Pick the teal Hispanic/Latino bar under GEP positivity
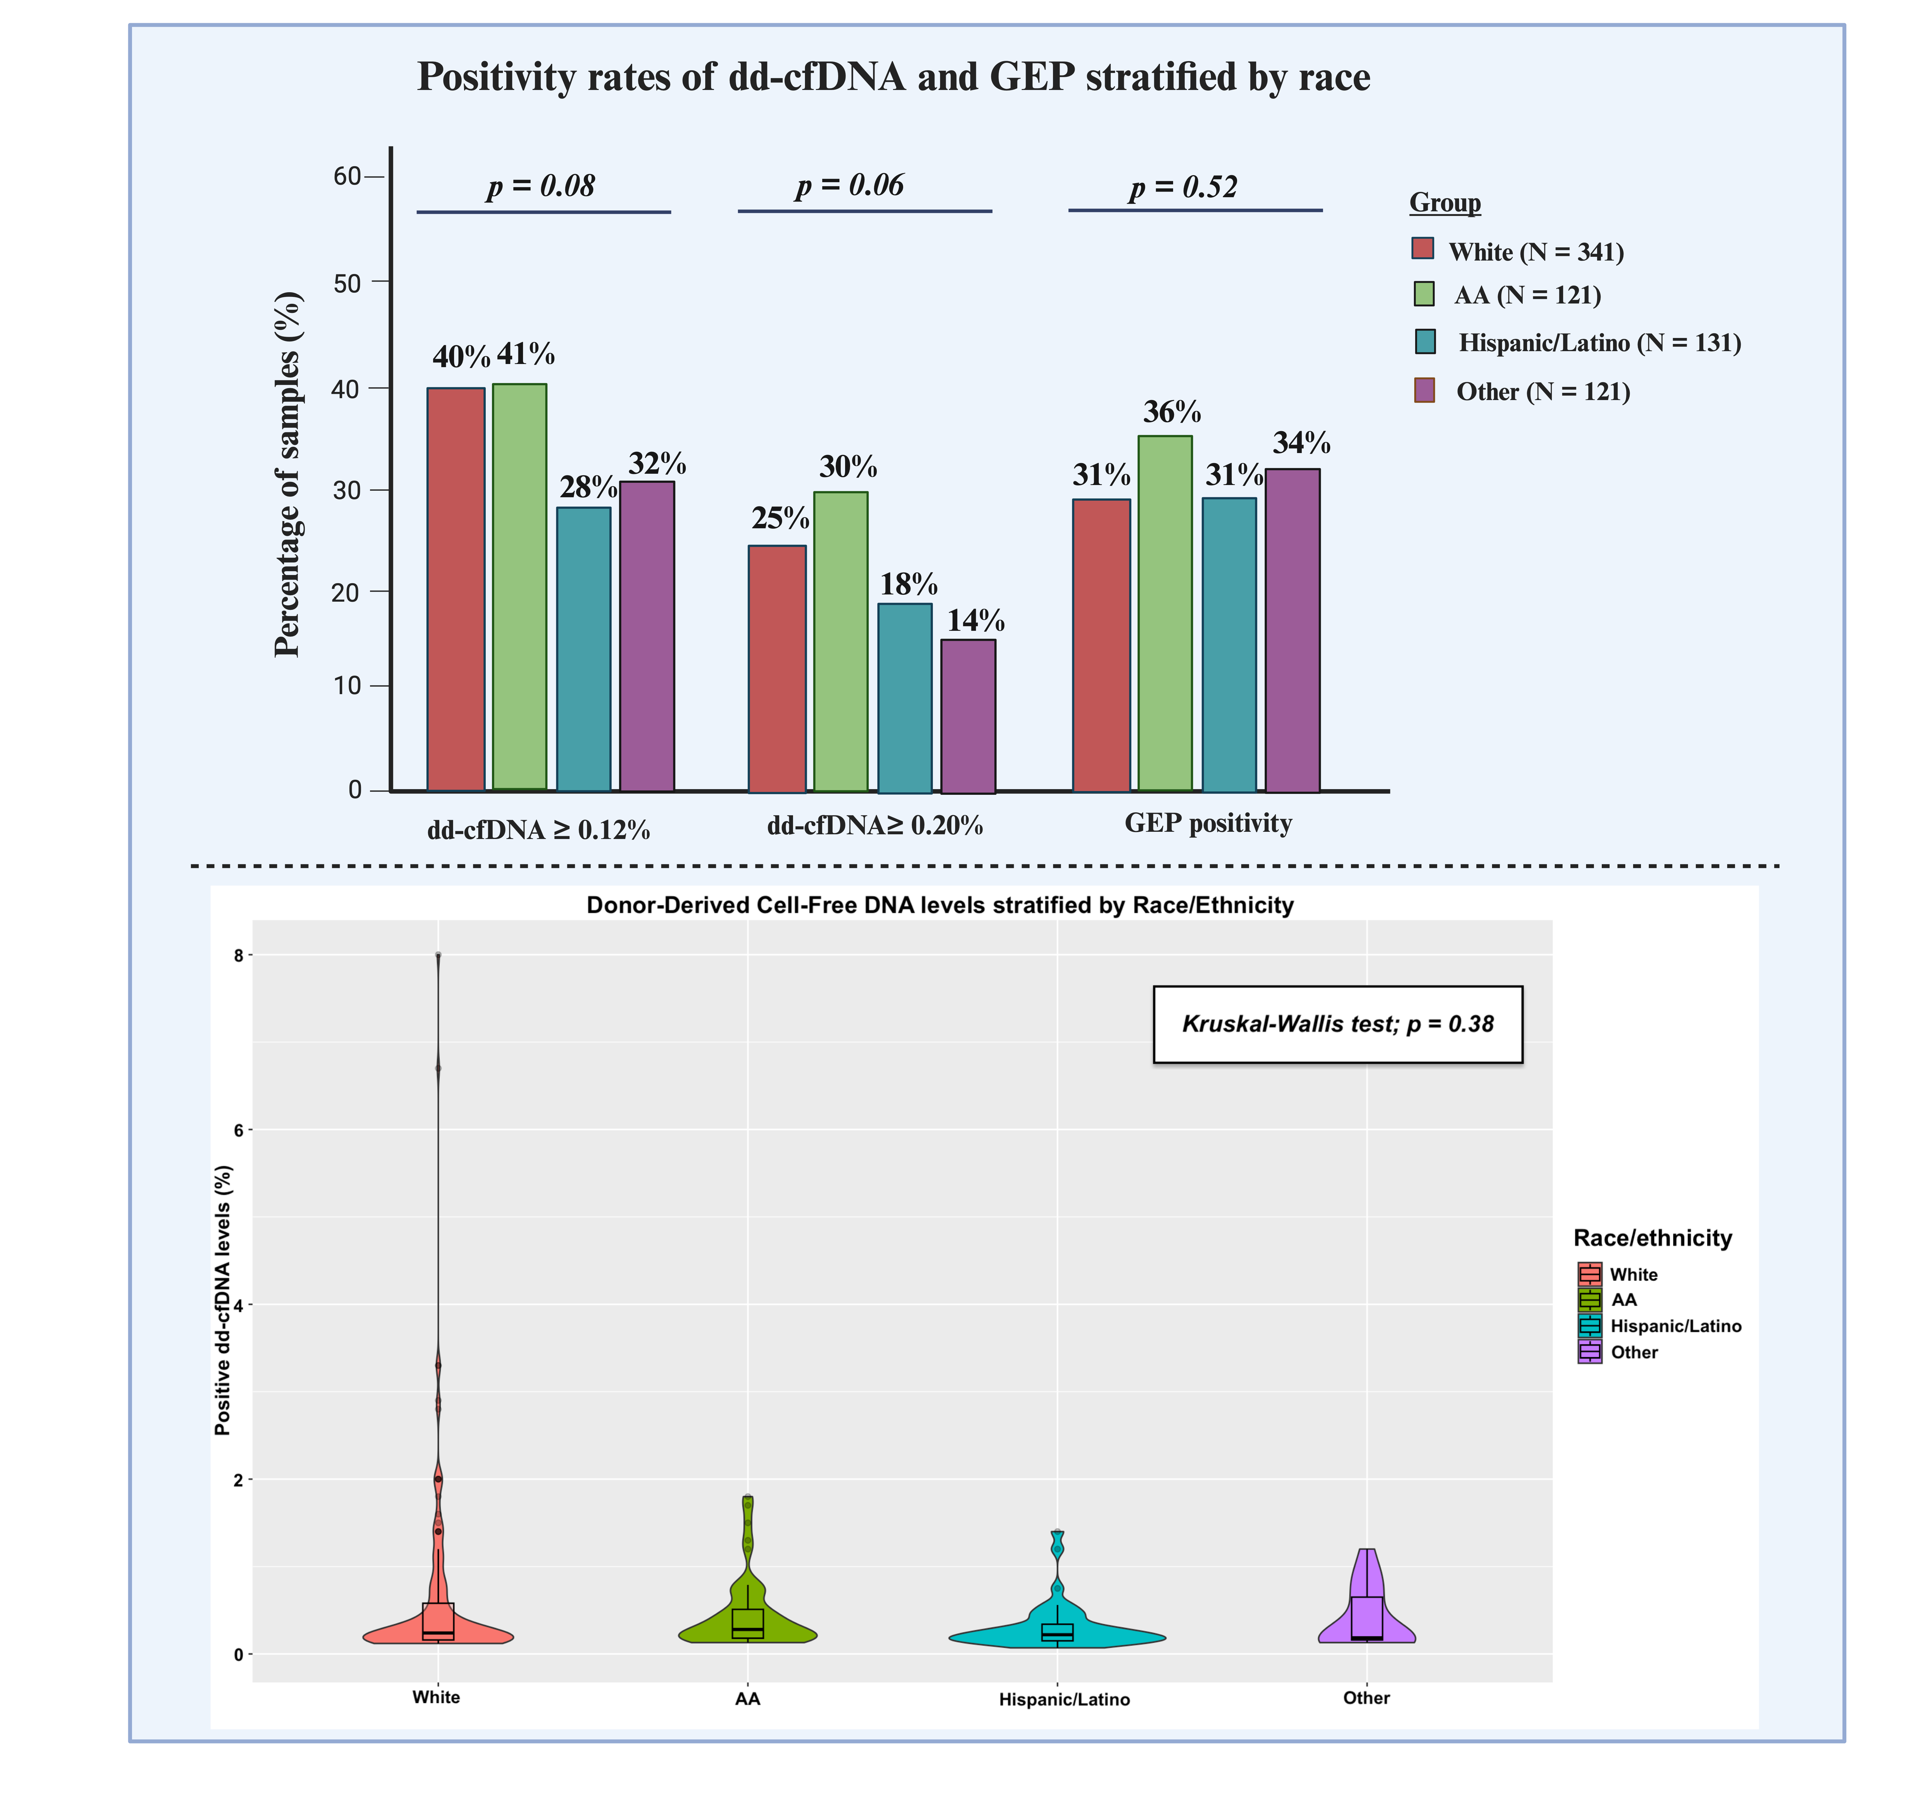pos(1229,643)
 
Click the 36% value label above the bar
pos(1172,412)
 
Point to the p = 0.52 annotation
pos(1182,187)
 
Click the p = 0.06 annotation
pos(849,185)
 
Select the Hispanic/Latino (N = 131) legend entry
pos(1598,342)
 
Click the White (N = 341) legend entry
pos(1535,251)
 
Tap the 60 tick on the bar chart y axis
pos(347,176)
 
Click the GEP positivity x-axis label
pos(1207,823)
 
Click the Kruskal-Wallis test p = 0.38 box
pos(1337,1025)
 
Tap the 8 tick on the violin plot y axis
pos(238,956)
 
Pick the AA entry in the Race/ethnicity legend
pos(1622,1300)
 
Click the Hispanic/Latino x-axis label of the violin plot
pos(1063,1700)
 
